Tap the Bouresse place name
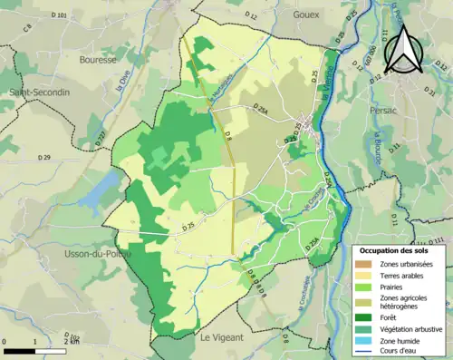point(98,60)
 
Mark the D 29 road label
point(43,159)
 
